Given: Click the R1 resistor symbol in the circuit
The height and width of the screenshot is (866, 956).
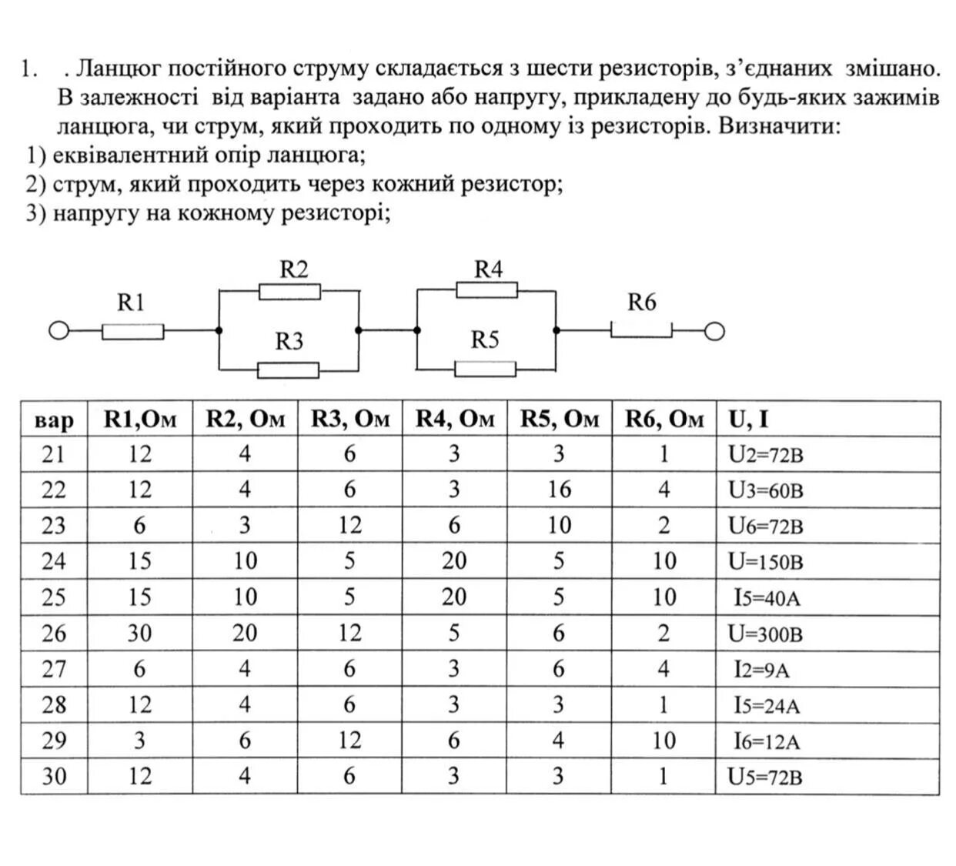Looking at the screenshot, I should (x=132, y=332).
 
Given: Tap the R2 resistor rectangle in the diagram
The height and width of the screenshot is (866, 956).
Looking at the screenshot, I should (x=289, y=291).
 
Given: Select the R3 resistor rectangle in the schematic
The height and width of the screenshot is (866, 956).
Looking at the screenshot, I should (x=288, y=370).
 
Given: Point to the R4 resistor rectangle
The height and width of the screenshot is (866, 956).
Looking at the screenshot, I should (x=486, y=290).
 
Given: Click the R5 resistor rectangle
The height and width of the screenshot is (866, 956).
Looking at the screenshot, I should (x=485, y=369).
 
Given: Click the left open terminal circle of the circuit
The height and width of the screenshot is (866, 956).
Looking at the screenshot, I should (x=58, y=332).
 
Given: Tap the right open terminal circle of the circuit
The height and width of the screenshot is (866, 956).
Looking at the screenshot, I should (x=714, y=332).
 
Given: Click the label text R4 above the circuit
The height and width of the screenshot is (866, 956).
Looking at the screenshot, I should (x=488, y=269).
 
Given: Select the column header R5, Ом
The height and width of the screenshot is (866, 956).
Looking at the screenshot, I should (x=559, y=419).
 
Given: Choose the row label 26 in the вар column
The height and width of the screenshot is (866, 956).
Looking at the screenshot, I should (x=54, y=633).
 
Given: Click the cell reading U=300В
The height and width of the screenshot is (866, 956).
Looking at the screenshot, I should (x=765, y=634).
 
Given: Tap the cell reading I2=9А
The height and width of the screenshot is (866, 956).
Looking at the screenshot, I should (x=762, y=670).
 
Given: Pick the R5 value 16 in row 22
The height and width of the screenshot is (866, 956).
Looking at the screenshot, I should (x=559, y=490).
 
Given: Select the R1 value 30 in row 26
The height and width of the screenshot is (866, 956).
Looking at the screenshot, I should (x=139, y=633).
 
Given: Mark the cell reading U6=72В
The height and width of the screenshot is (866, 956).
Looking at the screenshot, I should (x=765, y=527).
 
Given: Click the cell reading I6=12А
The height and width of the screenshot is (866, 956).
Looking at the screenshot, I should (x=767, y=741).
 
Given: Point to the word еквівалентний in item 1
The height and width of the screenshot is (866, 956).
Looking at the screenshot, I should (x=130, y=155).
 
